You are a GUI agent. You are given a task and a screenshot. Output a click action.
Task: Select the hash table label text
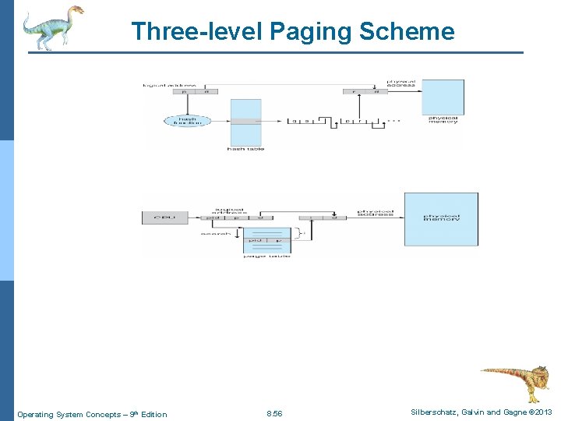(x=245, y=149)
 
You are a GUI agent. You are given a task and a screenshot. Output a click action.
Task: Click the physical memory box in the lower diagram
(x=441, y=219)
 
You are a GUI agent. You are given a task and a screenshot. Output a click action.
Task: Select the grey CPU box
(x=165, y=217)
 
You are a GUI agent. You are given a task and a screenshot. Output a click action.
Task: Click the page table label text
(x=266, y=256)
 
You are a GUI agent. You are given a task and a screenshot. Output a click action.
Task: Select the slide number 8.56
(x=274, y=414)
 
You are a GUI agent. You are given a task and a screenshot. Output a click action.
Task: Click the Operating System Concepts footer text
(x=92, y=414)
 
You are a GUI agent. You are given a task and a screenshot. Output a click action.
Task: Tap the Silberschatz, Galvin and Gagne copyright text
(x=480, y=412)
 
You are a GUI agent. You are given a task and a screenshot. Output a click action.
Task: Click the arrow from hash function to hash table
(x=219, y=121)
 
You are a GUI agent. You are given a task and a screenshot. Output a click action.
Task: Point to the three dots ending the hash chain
(x=396, y=121)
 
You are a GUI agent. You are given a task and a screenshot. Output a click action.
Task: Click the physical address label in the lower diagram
(x=374, y=213)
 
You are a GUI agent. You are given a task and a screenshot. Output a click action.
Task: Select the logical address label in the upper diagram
(x=169, y=84)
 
